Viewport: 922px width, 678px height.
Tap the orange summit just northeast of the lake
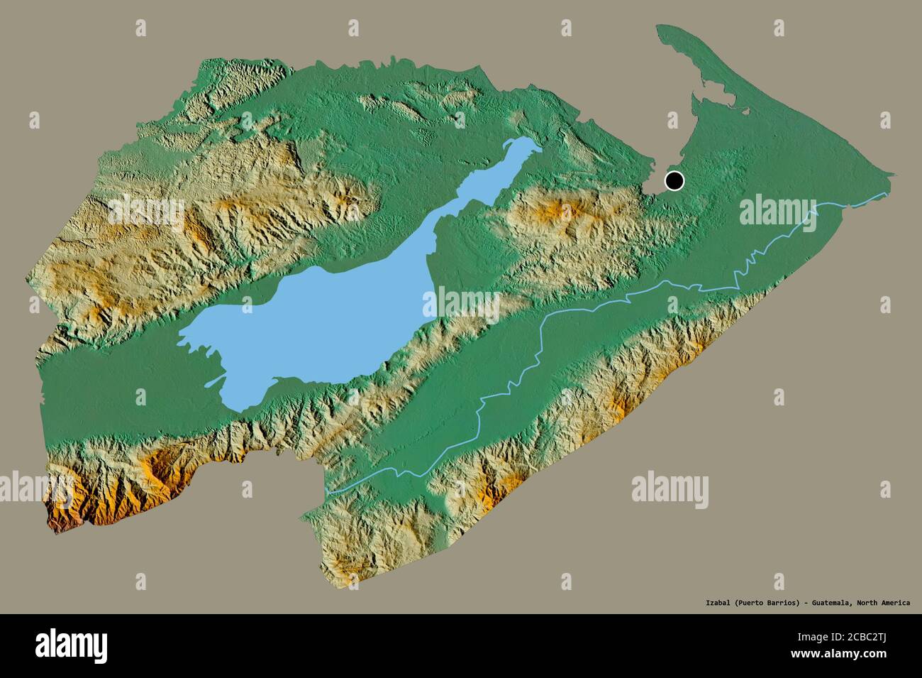[x=553, y=211]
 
